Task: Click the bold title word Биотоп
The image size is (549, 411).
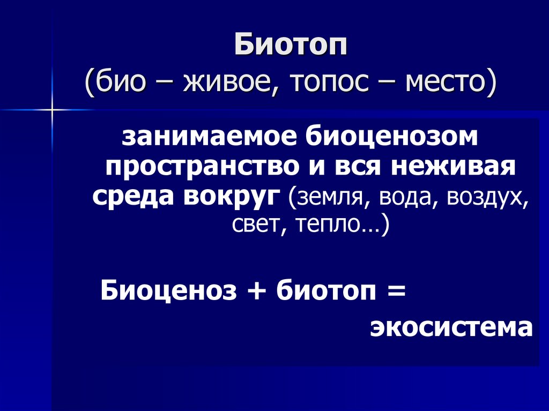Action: coord(291,46)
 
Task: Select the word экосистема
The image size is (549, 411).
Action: coord(451,327)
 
